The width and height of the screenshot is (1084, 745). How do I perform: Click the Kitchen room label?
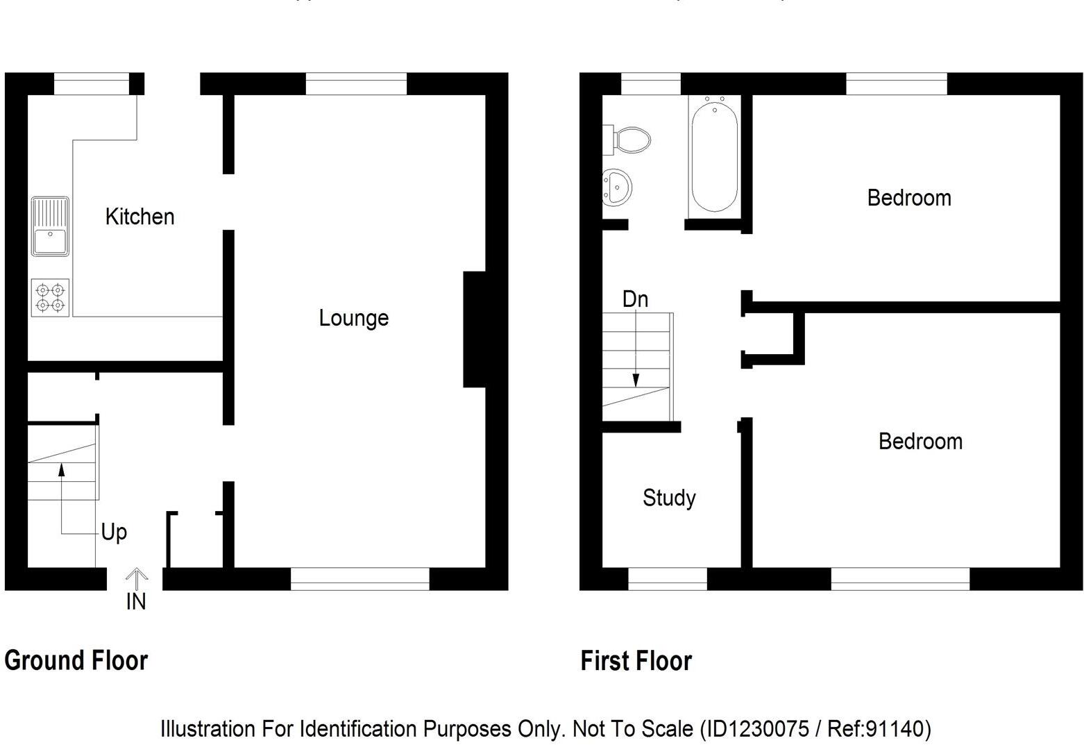(139, 217)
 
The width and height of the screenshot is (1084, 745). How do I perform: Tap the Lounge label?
(353, 318)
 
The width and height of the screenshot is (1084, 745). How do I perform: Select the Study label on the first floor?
(669, 498)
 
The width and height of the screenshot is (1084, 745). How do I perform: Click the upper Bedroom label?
(908, 198)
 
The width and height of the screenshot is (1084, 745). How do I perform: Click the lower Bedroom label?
(920, 442)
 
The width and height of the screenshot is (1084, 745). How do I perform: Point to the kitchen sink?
(50, 226)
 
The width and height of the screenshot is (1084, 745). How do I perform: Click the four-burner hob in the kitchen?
(50, 298)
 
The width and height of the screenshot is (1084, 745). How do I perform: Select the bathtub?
(714, 156)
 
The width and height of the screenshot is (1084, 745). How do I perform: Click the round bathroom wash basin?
(616, 187)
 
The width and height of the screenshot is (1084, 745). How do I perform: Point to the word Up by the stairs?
(114, 533)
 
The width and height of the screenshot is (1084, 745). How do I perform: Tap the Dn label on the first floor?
(635, 299)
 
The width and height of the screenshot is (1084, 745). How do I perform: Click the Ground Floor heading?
(76, 660)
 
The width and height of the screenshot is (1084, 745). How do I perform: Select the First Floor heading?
(636, 661)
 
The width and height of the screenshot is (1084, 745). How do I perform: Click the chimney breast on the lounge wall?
(475, 329)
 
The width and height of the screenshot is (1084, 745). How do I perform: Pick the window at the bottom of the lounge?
(359, 579)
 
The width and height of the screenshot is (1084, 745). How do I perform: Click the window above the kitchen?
(92, 84)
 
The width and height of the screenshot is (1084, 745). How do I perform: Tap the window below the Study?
(667, 579)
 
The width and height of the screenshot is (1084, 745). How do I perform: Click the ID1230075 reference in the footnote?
(754, 728)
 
